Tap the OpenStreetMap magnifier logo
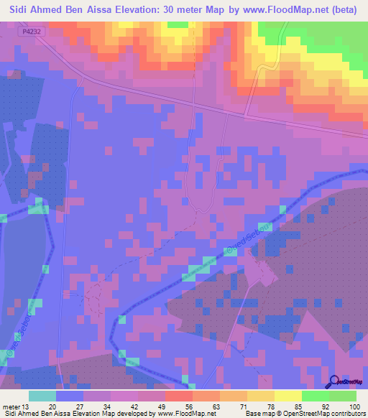(332, 381)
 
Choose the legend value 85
(301, 407)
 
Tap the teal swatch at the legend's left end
(42, 396)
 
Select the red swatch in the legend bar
(178, 396)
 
